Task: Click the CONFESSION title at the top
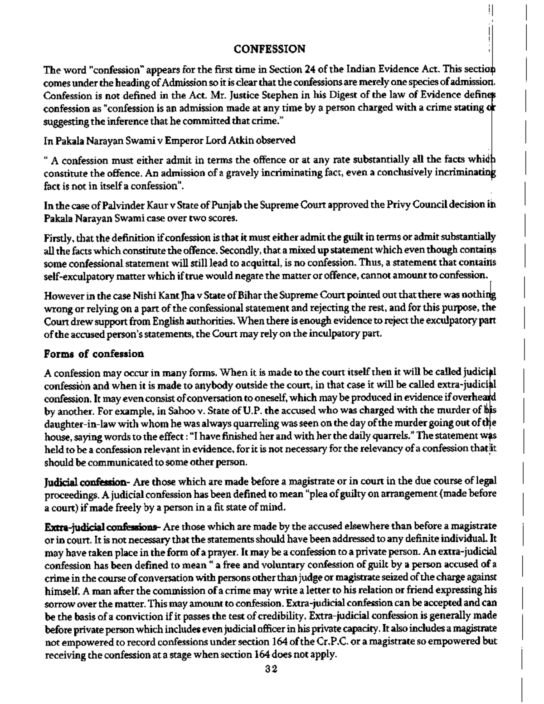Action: tap(270, 49)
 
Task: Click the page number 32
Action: tap(271, 669)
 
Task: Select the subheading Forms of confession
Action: tap(94, 353)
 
